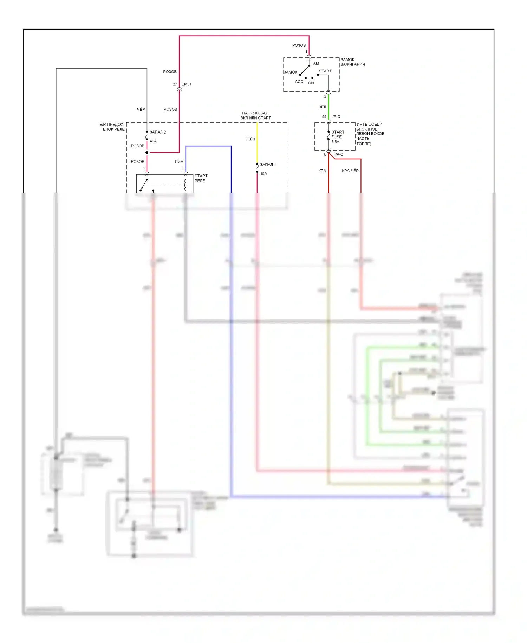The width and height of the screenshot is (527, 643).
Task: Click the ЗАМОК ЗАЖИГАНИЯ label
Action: [352, 62]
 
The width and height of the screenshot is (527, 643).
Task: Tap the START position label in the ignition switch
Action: [325, 71]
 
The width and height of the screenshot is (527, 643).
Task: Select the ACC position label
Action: [299, 82]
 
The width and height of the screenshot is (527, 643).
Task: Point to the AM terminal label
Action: [316, 64]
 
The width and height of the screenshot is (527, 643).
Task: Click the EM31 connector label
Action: [187, 84]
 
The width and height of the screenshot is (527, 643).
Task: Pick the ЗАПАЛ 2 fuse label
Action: [158, 132]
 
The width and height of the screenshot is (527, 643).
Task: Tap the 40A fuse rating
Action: [153, 141]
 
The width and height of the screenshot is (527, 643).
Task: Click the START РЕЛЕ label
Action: [201, 178]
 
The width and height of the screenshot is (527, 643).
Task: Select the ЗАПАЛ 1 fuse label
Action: [268, 165]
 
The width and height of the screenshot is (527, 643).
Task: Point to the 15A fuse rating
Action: [263, 174]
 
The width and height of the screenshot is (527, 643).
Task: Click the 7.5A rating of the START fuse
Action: [335, 142]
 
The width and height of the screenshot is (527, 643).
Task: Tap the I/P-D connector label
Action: [336, 117]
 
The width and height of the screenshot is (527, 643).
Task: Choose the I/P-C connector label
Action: [339, 155]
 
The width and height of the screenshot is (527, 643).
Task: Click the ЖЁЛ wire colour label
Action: [250, 139]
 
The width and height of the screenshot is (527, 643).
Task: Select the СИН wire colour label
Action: [179, 161]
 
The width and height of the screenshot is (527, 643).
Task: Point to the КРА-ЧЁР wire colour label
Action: [350, 171]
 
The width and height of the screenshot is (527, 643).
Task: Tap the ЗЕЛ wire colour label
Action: [322, 107]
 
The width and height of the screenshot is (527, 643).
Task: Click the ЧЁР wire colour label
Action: [141, 109]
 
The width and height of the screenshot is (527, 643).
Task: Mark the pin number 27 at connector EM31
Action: [175, 84]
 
